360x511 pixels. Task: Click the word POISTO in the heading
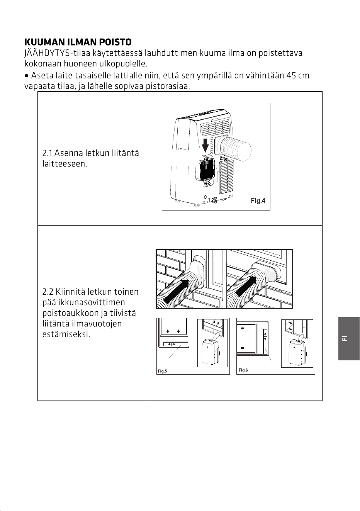click(x=115, y=42)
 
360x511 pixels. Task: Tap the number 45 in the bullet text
click(x=290, y=75)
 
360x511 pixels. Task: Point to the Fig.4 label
click(x=258, y=200)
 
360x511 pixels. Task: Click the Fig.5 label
click(x=162, y=371)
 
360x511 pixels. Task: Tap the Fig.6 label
click(x=243, y=370)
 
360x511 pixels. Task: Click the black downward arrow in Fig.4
click(x=205, y=145)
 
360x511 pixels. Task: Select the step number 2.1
click(x=47, y=153)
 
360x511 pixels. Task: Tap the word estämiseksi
click(x=66, y=334)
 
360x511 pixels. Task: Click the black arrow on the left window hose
click(x=177, y=291)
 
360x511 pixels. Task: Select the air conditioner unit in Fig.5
click(x=211, y=352)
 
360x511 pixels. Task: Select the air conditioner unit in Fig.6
click(x=297, y=352)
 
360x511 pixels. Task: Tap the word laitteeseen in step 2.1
click(x=65, y=164)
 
